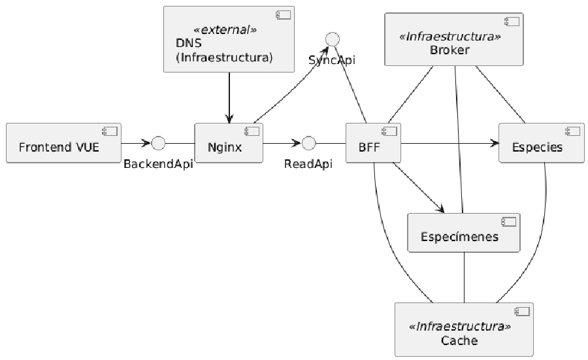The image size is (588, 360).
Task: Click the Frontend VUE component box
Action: pos(64,143)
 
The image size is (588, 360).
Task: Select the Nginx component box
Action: pos(229,143)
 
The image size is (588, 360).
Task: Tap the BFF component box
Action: pos(373,143)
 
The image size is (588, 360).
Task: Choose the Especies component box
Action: pos(542,143)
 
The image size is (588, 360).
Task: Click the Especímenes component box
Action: pos(464,233)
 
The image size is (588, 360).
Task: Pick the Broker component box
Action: pos(454,39)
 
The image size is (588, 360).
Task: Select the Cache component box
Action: pos(464,330)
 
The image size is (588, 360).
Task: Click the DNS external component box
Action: pos(229,39)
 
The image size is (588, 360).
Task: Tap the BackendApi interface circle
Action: pos(158,143)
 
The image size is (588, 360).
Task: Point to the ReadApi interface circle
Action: pos(308,143)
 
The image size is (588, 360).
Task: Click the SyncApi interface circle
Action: pos(333,39)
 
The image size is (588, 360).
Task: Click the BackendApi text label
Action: pos(158,164)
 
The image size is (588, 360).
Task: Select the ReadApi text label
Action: pos(308,164)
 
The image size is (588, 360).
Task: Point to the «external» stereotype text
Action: pos(225,29)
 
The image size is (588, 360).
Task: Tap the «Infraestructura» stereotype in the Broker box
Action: pos(450,37)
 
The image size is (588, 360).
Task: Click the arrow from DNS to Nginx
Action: pos(229,97)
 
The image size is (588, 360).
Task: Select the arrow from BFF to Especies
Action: pos(449,143)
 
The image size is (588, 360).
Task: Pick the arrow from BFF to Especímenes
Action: pos(419,188)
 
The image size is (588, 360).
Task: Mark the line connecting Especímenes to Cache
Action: pos(465,278)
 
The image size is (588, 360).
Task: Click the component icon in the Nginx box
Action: pos(252,131)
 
